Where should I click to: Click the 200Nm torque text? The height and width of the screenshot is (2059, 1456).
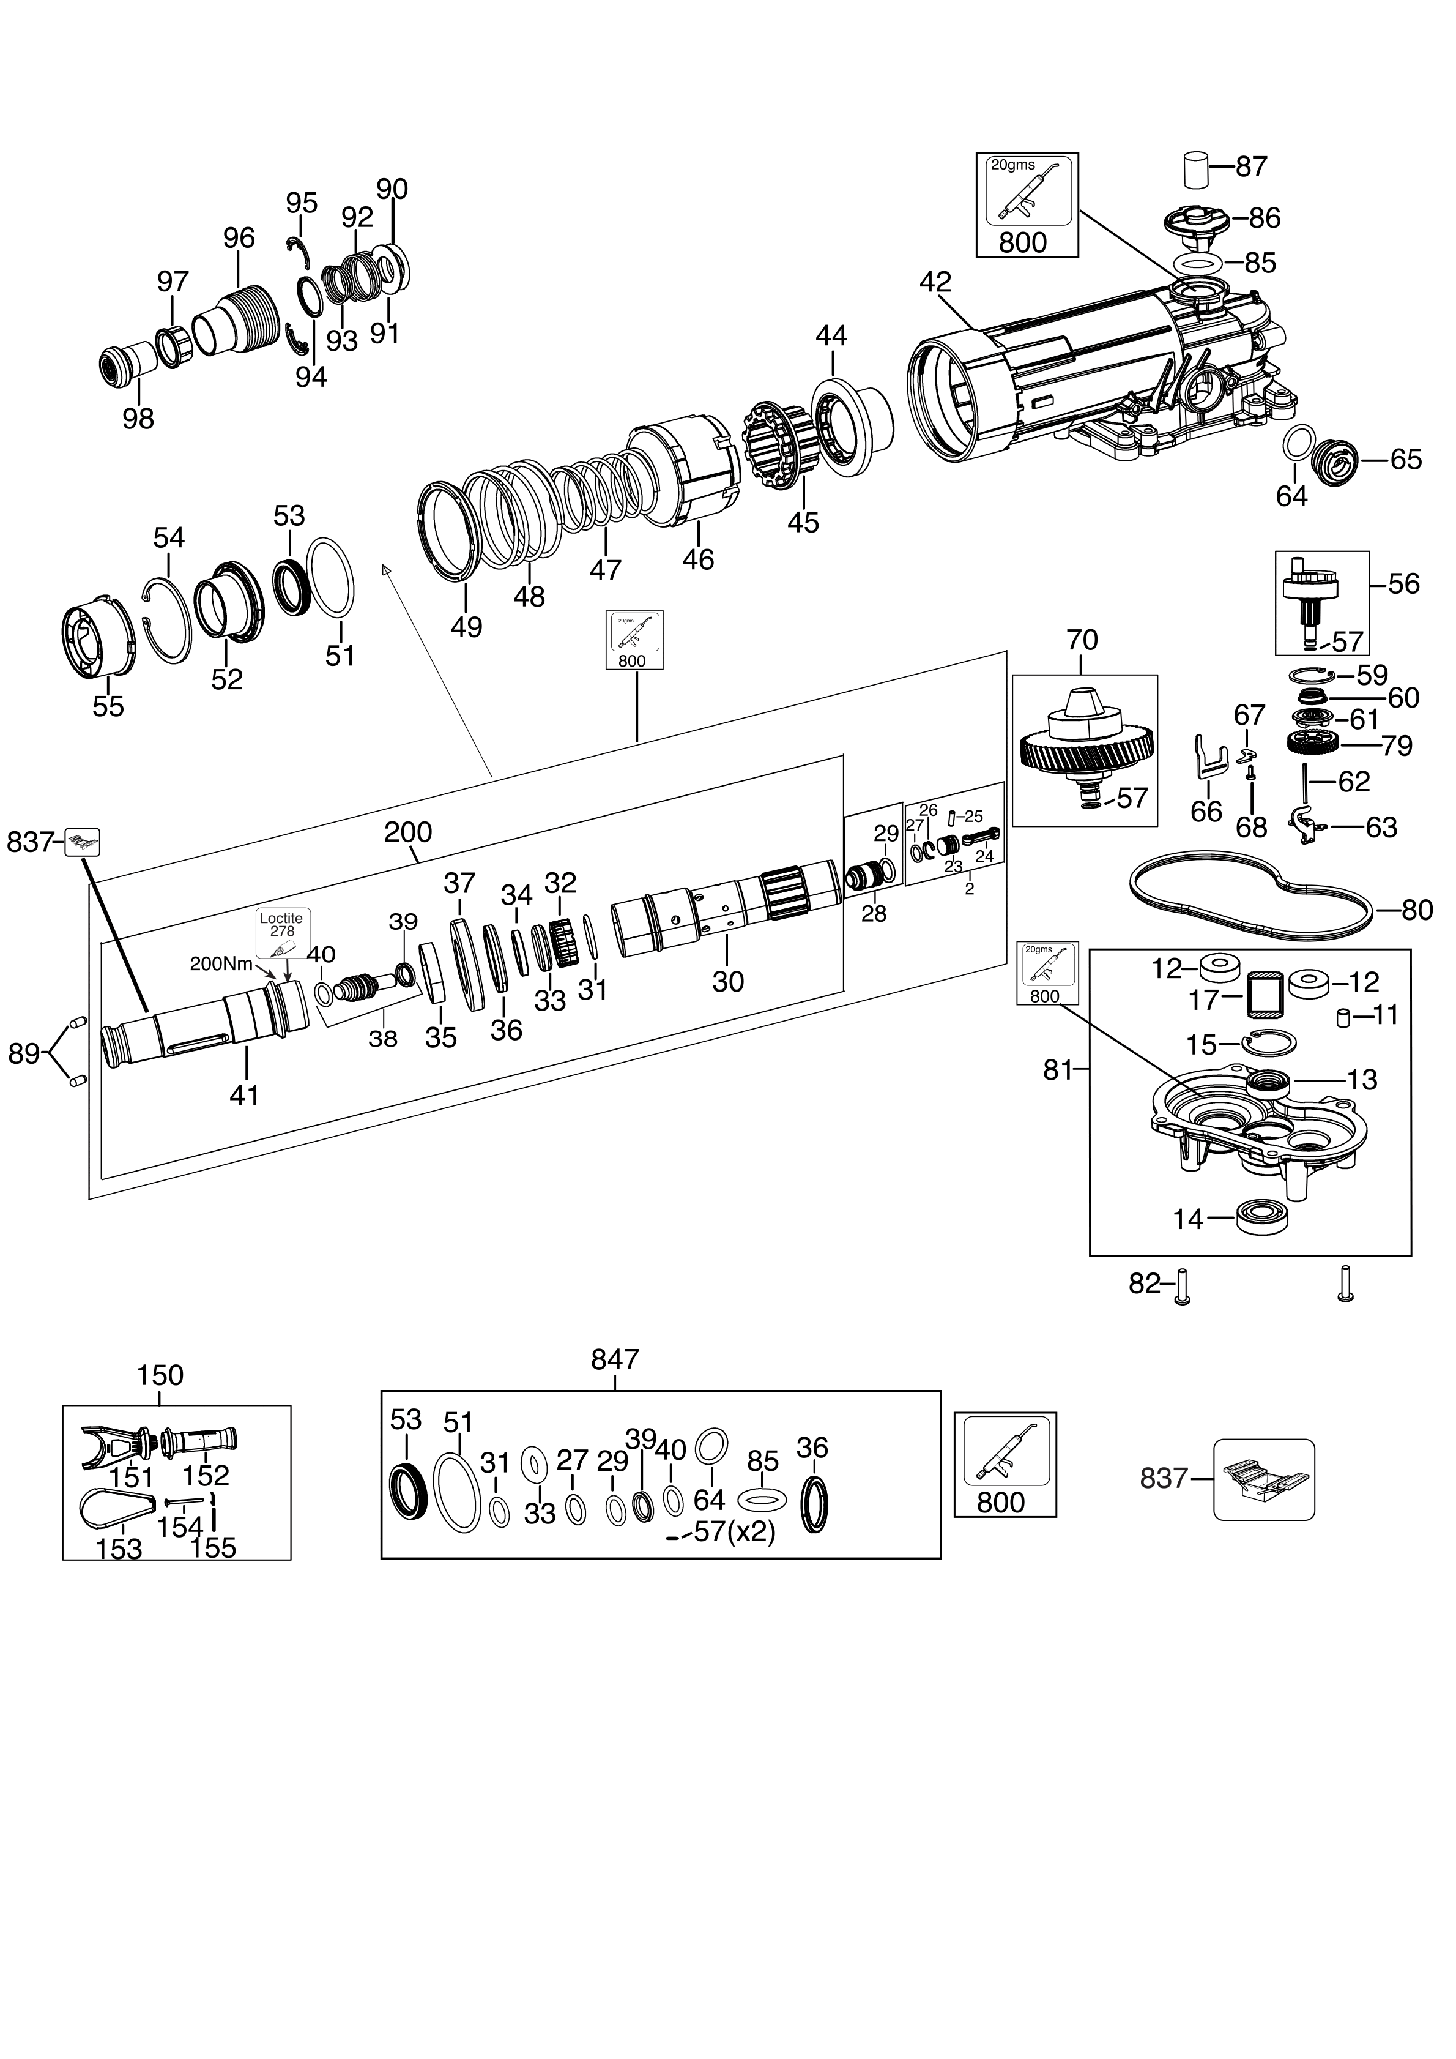(x=221, y=964)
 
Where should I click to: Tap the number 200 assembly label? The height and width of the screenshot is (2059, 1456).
(x=408, y=832)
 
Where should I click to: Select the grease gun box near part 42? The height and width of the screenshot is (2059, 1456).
(x=1027, y=204)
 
